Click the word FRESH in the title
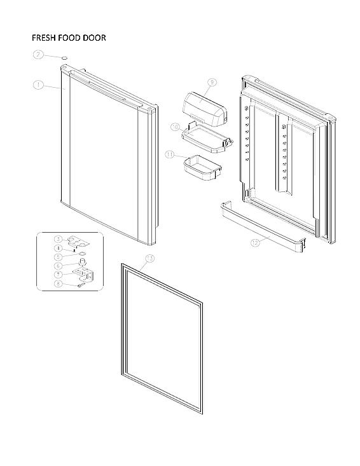click(45, 38)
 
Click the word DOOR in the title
click(93, 38)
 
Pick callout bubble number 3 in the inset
click(58, 239)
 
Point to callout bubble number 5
click(58, 256)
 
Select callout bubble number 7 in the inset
click(58, 274)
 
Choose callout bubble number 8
click(58, 284)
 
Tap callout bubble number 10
click(174, 127)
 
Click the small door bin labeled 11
click(200, 167)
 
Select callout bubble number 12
click(256, 242)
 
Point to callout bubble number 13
click(149, 258)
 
